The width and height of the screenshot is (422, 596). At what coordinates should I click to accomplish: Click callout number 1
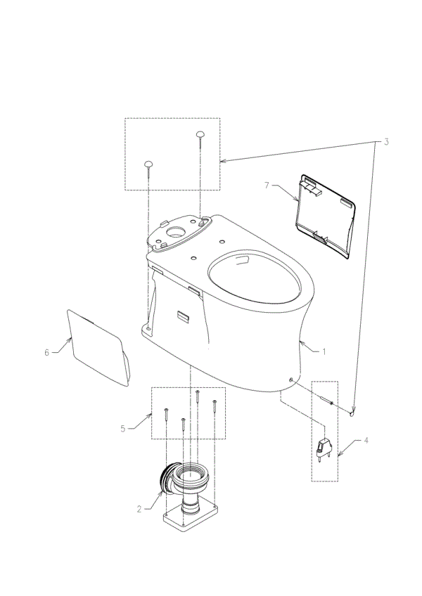pos(324,352)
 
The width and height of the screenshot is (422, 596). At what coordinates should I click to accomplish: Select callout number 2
pos(139,509)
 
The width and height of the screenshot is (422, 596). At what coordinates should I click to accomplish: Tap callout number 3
pos(386,142)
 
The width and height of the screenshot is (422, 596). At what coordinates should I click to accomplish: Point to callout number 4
pos(366,441)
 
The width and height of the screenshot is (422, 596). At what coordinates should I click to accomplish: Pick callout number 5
pos(123,429)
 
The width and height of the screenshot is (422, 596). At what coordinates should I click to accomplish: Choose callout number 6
pos(47,353)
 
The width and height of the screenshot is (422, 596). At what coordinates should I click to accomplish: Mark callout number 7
pos(267,186)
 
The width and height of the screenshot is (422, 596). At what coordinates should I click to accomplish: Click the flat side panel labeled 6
pos(98,347)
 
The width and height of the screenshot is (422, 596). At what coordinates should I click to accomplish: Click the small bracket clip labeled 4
pos(324,449)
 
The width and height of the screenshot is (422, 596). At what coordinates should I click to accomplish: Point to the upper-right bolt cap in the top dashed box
pos(200,134)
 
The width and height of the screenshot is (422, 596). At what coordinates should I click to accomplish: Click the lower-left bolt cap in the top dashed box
pos(148,164)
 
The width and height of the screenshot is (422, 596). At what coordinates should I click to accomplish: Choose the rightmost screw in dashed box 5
pos(215,407)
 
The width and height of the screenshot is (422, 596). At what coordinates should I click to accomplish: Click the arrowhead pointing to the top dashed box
pos(224,161)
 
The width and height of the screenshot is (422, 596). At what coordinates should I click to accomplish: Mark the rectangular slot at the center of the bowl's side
pos(183,316)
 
